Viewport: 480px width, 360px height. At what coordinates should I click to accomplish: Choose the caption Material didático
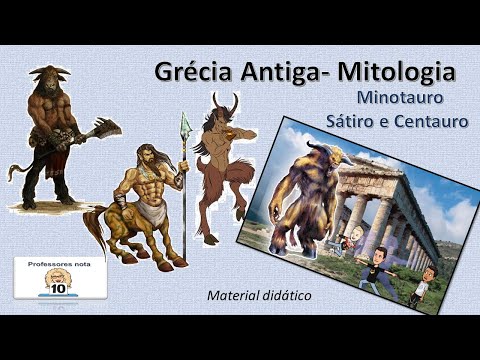point(258,296)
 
